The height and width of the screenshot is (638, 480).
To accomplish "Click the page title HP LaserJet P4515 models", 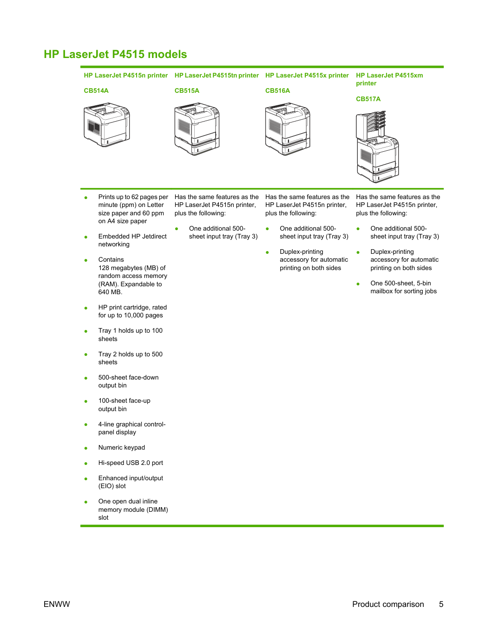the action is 115,54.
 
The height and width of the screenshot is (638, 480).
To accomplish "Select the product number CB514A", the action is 96,90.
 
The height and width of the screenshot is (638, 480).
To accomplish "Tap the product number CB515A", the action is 187,90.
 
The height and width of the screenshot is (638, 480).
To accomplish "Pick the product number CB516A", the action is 277,90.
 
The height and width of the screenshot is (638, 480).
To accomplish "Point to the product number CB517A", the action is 368,99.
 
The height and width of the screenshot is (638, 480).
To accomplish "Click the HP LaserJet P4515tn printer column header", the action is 217,75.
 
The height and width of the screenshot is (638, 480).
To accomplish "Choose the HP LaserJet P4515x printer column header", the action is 307,75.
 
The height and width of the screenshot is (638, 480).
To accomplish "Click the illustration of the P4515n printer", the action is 107,124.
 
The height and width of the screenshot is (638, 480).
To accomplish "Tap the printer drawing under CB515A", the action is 197,129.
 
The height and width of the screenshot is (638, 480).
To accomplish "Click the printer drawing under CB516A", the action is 288,129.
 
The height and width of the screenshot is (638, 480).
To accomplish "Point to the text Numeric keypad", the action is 122,448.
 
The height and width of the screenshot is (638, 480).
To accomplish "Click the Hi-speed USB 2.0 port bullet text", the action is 131,463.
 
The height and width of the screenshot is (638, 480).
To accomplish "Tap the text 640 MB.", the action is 110,292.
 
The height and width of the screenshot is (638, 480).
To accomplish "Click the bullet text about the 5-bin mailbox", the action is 403,287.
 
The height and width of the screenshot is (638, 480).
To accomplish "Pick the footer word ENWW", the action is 57,604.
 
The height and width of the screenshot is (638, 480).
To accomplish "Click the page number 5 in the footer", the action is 441,604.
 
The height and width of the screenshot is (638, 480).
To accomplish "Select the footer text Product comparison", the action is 388,604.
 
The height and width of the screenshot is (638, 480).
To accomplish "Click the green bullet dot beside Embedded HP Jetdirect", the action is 86,237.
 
